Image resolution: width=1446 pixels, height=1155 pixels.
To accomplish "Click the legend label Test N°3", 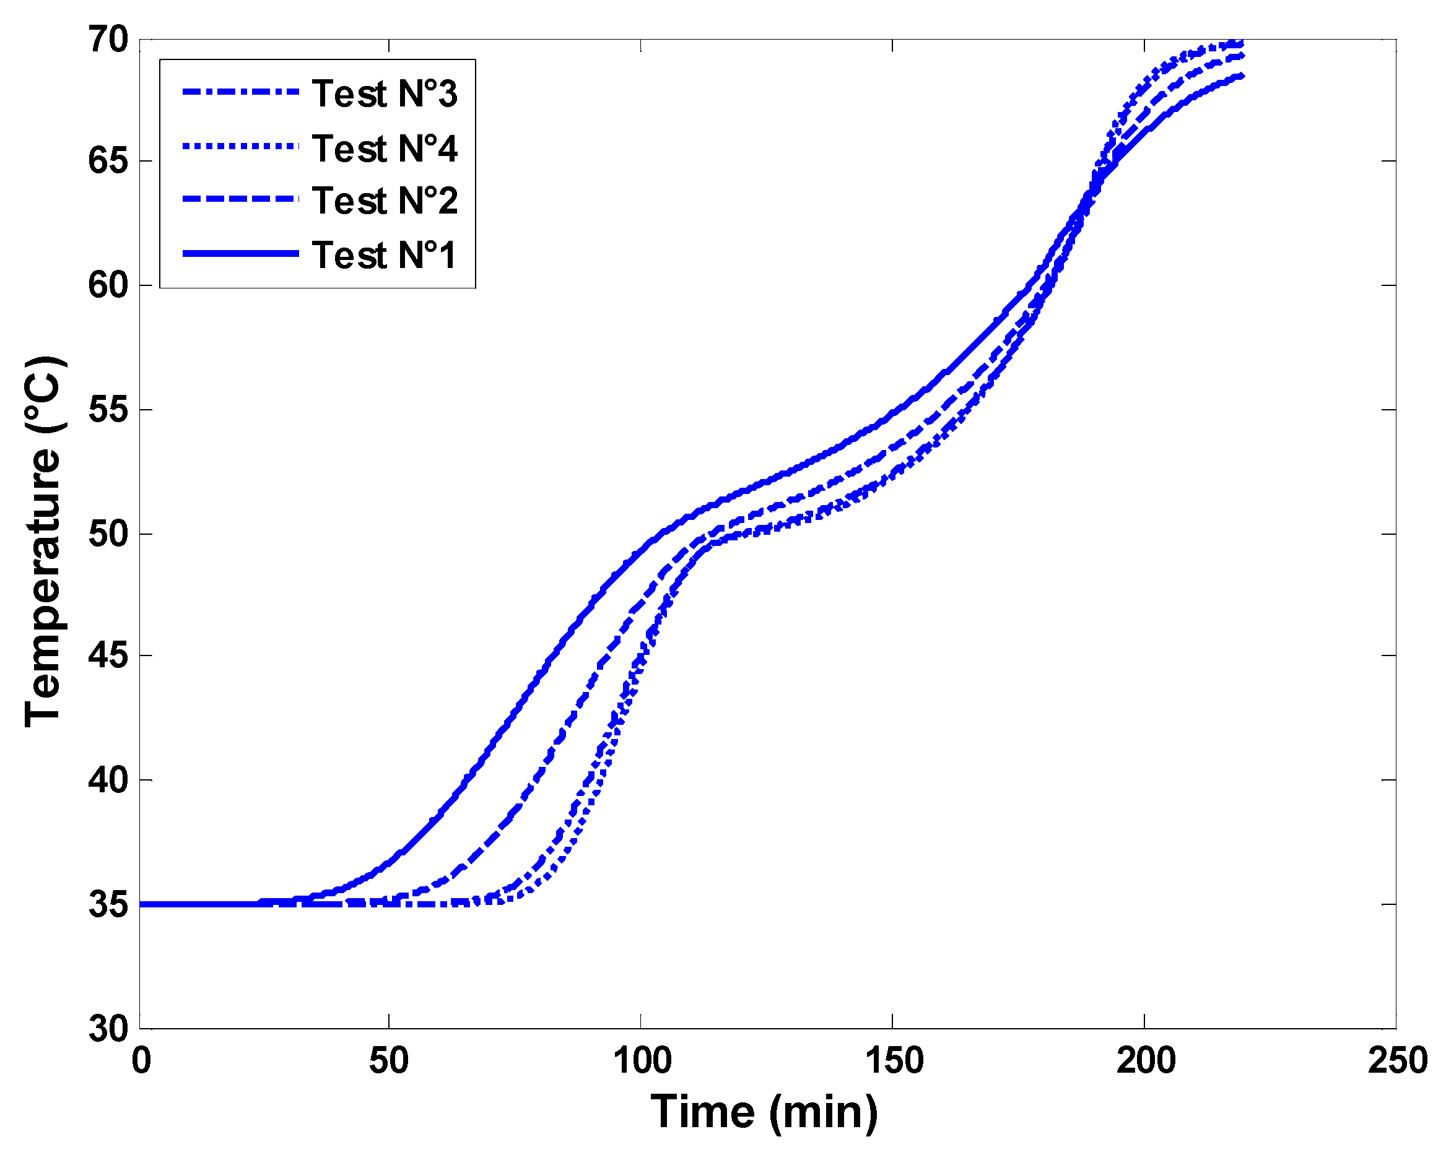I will tap(385, 93).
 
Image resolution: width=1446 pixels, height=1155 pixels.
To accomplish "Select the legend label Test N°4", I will tap(385, 147).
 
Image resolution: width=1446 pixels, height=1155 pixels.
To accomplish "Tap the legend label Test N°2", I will tap(385, 201).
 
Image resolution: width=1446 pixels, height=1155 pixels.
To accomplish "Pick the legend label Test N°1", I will tap(385, 255).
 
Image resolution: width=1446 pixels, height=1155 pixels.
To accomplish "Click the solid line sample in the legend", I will tap(240, 253).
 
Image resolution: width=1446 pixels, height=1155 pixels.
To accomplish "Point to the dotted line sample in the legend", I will tap(240, 146).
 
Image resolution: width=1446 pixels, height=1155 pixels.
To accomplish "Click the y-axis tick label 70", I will tap(107, 40).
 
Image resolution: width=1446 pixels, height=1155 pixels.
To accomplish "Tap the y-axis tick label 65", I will tap(107, 161).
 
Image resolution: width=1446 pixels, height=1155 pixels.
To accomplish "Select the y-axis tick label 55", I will tap(107, 409).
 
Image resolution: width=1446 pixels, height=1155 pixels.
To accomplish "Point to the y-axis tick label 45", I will tap(107, 655).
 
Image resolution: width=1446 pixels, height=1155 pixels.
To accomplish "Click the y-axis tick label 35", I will tap(107, 904).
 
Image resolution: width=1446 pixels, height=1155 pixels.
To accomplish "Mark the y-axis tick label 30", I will tap(107, 1027).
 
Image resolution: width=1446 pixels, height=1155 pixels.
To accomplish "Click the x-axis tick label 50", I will tap(388, 1060).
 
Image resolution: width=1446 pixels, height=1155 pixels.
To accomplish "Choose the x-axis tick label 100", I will tap(641, 1060).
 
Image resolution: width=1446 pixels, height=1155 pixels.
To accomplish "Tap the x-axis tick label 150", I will tap(894, 1060).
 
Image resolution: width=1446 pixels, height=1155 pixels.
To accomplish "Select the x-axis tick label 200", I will tap(1145, 1060).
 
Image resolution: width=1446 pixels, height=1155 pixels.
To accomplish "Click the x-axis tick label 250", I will tap(1397, 1060).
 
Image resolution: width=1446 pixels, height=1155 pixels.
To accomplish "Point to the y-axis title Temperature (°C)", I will tap(43, 542).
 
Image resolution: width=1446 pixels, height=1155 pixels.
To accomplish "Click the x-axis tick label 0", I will tap(141, 1060).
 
